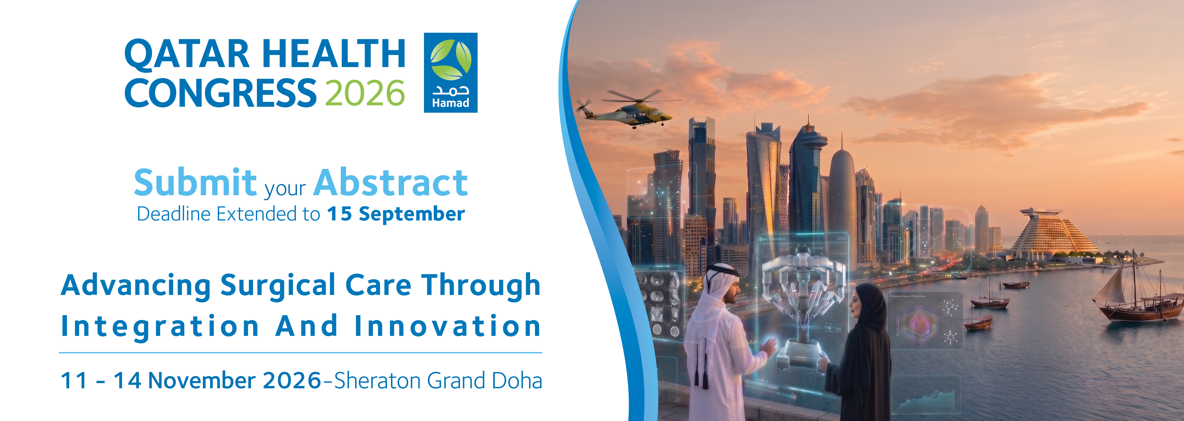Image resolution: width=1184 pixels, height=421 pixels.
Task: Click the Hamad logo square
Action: click(x=450, y=73)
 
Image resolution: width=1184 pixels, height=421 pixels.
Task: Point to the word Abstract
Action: click(x=391, y=183)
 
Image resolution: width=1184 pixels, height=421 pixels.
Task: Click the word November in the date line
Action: click(x=202, y=381)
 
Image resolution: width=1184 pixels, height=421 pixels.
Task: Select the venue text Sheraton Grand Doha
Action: click(x=438, y=381)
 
